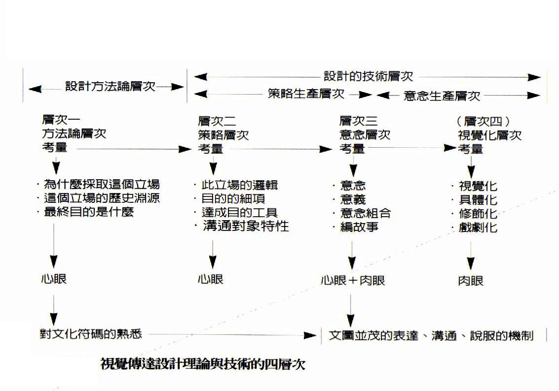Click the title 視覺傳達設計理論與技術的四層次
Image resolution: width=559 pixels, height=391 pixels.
pos(203,363)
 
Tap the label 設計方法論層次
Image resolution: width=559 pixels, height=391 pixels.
pos(111,86)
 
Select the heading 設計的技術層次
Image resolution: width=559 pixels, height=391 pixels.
pos(368,76)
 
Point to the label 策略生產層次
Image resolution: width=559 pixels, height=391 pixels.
pos(306,94)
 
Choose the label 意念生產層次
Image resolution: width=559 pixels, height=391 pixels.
pos(442,96)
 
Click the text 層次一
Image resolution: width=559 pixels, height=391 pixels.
pos(61,120)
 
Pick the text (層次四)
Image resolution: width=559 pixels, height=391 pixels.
pos(483,121)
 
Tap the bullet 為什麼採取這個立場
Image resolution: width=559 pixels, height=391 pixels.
pos(102,184)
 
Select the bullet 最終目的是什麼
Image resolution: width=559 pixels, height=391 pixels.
pos(89,212)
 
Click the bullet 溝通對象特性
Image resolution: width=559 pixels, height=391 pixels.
pos(246,226)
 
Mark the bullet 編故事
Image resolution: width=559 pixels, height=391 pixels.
pos(359,227)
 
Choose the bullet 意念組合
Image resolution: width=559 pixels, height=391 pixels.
pos(366,213)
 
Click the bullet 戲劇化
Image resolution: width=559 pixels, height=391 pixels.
pos(478,227)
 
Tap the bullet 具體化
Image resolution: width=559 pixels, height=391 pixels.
pos(478,199)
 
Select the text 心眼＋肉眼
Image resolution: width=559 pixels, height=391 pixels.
pos(353,280)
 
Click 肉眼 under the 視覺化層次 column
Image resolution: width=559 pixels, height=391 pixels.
pos(471,281)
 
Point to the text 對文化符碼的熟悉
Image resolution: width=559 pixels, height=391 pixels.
pos(91,334)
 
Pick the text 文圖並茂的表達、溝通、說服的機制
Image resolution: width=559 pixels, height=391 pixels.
pos(431,335)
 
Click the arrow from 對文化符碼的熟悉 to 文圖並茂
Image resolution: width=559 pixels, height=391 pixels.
pos(232,335)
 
